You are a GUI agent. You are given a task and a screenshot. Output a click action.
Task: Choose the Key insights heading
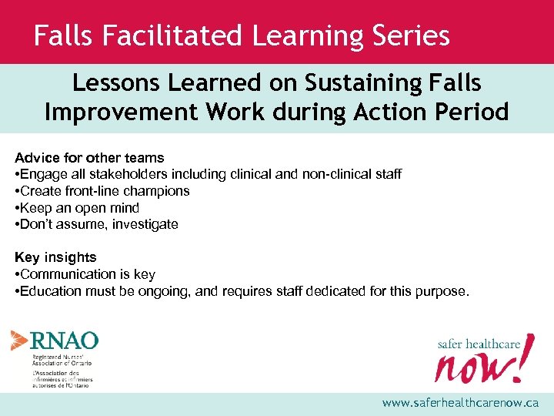click(55, 257)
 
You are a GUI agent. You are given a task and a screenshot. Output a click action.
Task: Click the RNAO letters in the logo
click(65, 341)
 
